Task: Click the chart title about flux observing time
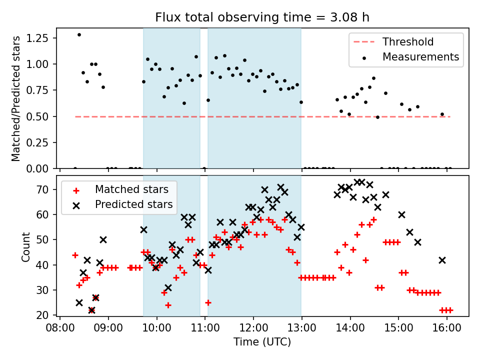point(262,18)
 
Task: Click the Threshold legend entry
point(408,41)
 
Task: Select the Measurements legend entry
point(420,56)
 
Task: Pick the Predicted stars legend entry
point(133,204)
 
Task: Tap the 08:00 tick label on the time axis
point(60,330)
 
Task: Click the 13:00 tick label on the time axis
point(301,330)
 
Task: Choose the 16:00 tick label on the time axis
point(446,330)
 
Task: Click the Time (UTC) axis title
point(262,342)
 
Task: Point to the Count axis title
point(25,246)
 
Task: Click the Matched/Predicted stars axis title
point(16,98)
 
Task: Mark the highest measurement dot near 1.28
point(79,34)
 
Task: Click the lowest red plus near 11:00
point(208,302)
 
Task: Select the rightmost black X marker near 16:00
point(442,260)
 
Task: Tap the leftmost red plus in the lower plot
point(75,255)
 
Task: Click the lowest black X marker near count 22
point(91,310)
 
